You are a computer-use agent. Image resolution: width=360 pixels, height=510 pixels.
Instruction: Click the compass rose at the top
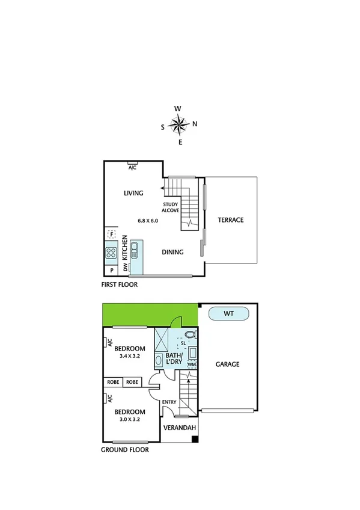click(178, 125)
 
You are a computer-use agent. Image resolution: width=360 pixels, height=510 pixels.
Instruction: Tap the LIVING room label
click(133, 193)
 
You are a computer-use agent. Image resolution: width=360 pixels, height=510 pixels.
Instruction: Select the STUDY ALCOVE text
click(171, 207)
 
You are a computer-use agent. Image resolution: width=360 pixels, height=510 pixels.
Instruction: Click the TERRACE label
click(231, 220)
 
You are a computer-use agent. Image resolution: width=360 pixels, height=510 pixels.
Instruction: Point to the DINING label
click(172, 252)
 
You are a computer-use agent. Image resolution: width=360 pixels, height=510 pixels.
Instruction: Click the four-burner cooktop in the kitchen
click(111, 253)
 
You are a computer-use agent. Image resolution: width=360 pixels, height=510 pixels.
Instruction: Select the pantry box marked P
click(112, 271)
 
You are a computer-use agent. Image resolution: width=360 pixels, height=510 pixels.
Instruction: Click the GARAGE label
click(228, 364)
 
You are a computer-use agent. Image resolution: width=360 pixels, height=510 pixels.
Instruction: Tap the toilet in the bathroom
click(190, 334)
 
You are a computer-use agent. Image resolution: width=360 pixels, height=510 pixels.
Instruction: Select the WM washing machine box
click(192, 364)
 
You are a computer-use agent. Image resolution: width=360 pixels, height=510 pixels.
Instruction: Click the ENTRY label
click(169, 402)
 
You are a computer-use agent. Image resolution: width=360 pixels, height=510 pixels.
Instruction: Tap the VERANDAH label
click(180, 429)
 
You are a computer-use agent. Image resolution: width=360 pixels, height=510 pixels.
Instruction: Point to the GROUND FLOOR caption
click(126, 449)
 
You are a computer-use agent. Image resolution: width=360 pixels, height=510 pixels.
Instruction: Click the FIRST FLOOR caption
click(120, 284)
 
